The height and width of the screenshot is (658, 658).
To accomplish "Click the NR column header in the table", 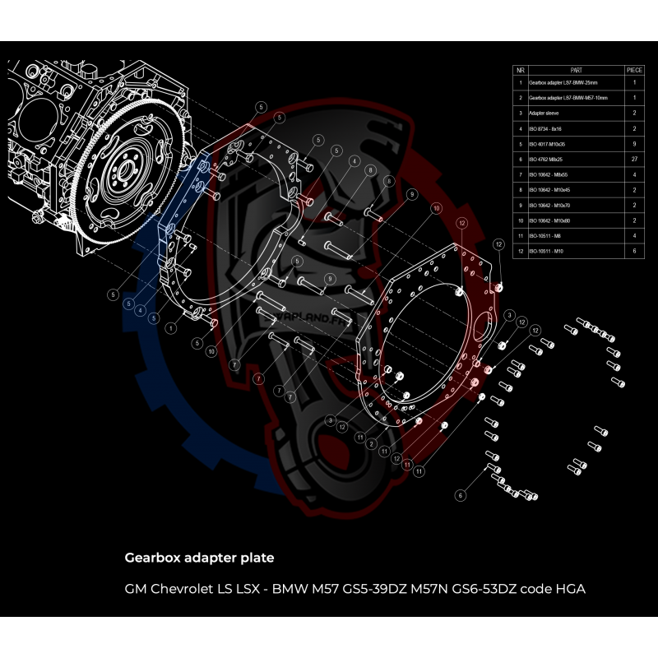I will [520, 71].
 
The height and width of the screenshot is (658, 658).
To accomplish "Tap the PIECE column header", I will [635, 71].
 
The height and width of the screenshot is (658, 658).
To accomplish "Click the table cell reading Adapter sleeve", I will [544, 113].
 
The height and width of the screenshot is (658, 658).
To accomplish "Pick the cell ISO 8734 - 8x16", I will [545, 128].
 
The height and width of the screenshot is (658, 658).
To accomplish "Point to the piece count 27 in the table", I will [635, 158].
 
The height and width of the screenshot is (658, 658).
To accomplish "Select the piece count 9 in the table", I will [635, 143].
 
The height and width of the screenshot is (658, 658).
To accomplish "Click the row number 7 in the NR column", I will [520, 174].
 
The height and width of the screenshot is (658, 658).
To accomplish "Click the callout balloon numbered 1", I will [170, 327].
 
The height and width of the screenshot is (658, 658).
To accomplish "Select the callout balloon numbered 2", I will [372, 444].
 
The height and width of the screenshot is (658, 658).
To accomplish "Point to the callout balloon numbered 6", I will [461, 494].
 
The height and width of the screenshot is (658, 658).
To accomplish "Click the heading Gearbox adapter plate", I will [199, 558].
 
